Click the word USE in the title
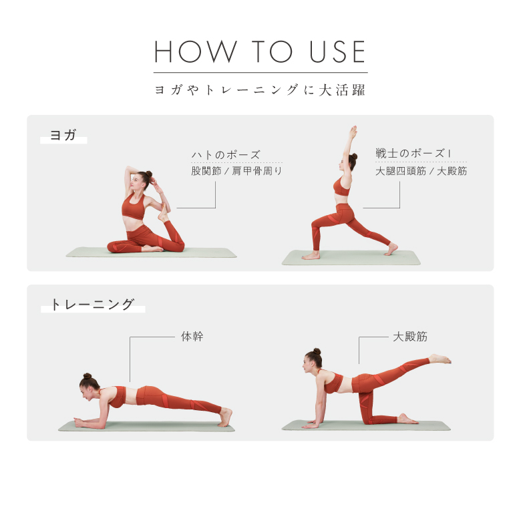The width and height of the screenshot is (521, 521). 337,52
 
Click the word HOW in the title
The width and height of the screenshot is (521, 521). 196,52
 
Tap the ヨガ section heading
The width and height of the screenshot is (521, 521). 63,135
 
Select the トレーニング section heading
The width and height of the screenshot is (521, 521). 92,304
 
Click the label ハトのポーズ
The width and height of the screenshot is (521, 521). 226,155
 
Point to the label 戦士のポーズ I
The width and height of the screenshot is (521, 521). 413,154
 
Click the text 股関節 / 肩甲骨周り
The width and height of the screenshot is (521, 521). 236,171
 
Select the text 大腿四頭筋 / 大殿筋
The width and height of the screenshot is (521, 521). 421,171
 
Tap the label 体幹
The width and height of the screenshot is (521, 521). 192,336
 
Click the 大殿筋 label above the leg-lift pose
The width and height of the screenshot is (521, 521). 410,336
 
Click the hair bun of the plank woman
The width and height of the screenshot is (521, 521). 87,376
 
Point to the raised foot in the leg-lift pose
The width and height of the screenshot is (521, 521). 440,359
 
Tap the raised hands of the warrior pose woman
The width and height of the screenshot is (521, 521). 353,132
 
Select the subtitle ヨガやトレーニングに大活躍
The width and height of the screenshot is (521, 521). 260,90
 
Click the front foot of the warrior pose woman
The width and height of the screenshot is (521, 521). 311,256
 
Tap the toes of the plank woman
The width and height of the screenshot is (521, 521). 222,423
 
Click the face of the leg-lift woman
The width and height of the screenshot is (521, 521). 307,364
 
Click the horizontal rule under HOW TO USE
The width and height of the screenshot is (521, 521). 260,72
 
